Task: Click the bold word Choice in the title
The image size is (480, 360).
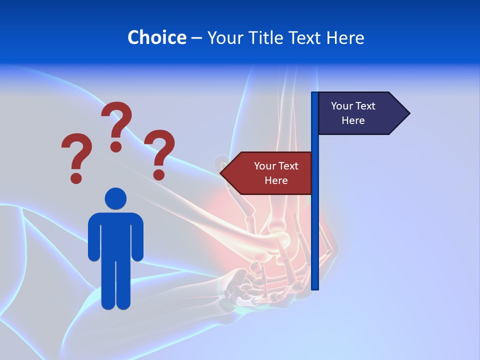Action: [156, 37]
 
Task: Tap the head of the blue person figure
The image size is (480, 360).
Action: [115, 198]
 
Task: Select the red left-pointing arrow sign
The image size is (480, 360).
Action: [270, 173]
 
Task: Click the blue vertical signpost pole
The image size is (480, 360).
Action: [314, 225]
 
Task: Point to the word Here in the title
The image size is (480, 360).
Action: [345, 37]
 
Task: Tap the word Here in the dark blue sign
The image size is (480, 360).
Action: [353, 120]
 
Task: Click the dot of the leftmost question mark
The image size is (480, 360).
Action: [76, 177]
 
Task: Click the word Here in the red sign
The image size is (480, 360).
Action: [276, 180]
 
